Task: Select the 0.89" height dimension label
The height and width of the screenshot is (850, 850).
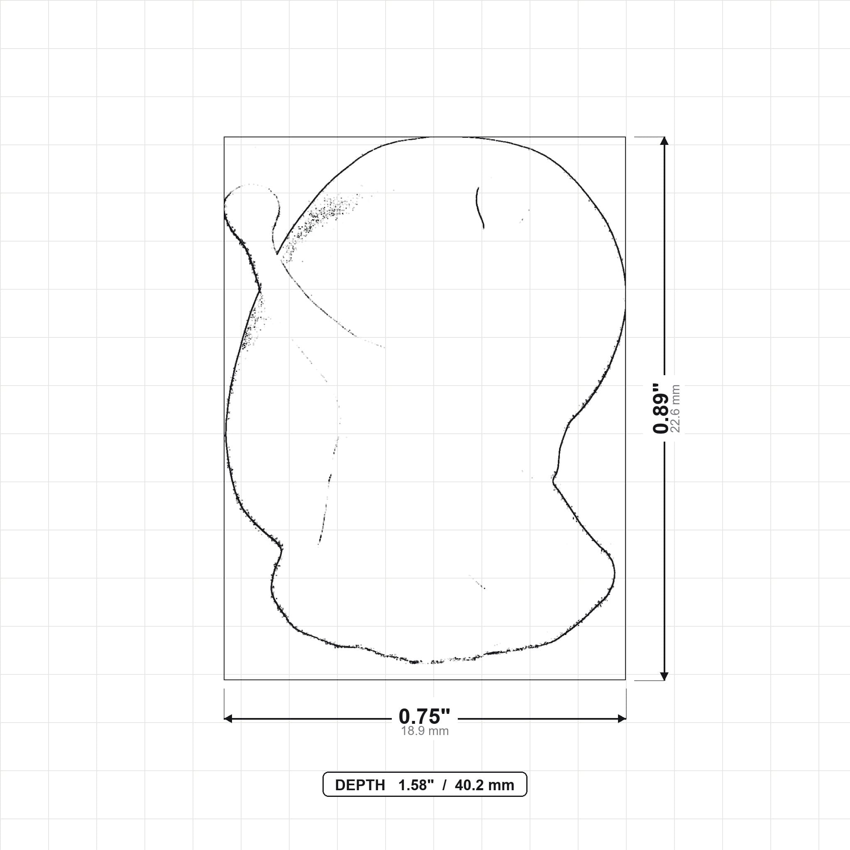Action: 660,408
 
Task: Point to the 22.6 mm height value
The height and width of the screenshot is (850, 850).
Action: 675,408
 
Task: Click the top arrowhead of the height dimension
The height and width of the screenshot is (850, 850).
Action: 664,141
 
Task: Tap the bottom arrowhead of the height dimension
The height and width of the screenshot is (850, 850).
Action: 664,676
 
